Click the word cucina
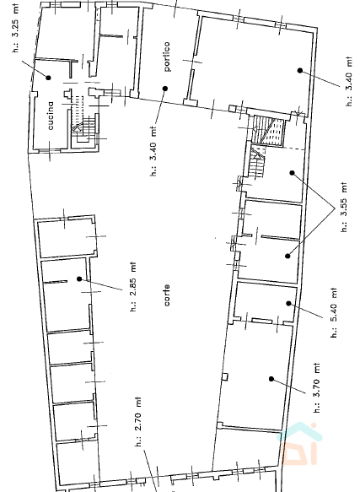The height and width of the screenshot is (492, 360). click(x=51, y=116)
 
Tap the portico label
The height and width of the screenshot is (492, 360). click(x=167, y=57)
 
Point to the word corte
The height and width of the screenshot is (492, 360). click(x=167, y=295)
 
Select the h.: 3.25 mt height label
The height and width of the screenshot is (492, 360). click(x=16, y=28)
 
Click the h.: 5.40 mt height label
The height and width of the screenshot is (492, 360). click(x=334, y=312)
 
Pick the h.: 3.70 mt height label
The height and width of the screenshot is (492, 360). click(x=317, y=387)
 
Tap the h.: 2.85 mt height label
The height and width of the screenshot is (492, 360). click(x=133, y=287)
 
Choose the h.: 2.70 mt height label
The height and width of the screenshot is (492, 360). click(x=138, y=422)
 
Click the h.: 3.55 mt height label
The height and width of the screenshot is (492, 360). click(x=344, y=207)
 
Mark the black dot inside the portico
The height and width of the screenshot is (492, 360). click(x=165, y=89)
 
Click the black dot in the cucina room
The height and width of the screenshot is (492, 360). click(x=48, y=78)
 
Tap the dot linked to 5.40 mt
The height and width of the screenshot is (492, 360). click(x=288, y=303)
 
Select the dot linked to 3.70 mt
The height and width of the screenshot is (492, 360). click(x=271, y=379)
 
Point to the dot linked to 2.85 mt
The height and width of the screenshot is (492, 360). click(x=79, y=278)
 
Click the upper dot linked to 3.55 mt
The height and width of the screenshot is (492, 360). click(x=292, y=173)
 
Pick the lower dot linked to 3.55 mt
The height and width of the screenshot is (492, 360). click(x=287, y=256)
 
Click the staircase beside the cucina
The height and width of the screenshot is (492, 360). click(x=84, y=128)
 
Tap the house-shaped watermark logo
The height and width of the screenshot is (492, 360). click(x=299, y=444)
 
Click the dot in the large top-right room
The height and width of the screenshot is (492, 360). click(x=300, y=71)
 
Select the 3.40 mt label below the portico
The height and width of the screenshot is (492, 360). click(x=153, y=151)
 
